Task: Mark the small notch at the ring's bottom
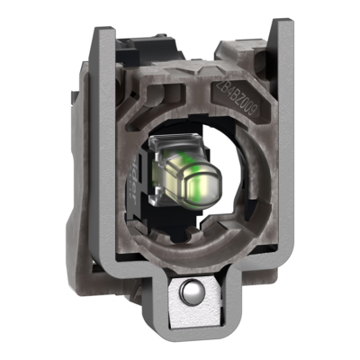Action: [184, 241]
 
